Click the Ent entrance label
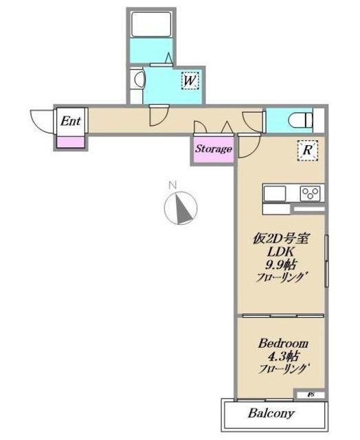tap(71, 121)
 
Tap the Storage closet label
tap(214, 148)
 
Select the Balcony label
tap(271, 413)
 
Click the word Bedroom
tap(283, 344)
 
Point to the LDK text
tap(280, 252)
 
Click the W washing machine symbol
tap(190, 81)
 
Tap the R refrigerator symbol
tap(307, 150)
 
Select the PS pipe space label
tap(311, 395)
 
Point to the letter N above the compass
tap(172, 185)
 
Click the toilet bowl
tap(300, 121)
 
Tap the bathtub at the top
tap(151, 24)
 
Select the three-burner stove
tap(311, 193)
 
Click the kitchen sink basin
tap(275, 193)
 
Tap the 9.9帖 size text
tap(281, 264)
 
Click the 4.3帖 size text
tap(283, 356)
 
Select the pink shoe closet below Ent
tap(71, 142)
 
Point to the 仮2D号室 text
tap(281, 239)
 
